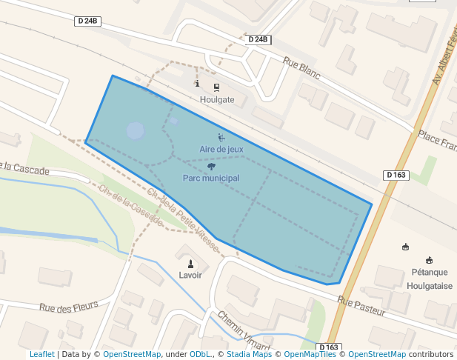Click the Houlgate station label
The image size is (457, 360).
click(x=216, y=99)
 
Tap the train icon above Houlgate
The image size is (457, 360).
click(x=216, y=86)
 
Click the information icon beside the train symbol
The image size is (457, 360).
click(x=197, y=84)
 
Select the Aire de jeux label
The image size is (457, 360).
click(x=221, y=149)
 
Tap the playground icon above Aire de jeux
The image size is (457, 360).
click(x=221, y=136)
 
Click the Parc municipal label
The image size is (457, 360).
click(x=211, y=179)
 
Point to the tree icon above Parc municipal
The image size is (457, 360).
click(x=211, y=167)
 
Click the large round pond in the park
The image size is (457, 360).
click(x=136, y=131)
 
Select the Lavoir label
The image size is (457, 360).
click(x=190, y=275)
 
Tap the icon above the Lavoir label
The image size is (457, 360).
click(x=190, y=263)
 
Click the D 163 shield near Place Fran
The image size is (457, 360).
click(x=396, y=175)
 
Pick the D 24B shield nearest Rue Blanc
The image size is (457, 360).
click(x=258, y=39)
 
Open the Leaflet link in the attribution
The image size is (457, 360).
click(x=42, y=355)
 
